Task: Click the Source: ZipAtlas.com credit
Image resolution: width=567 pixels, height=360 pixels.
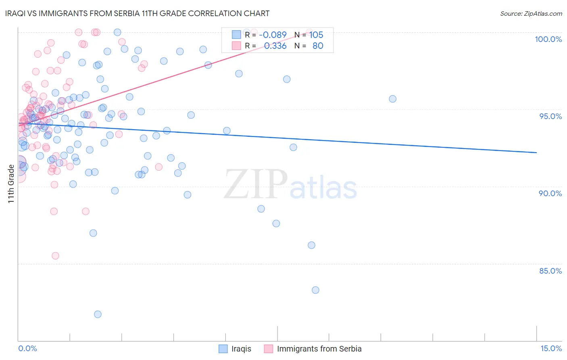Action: tap(531, 13)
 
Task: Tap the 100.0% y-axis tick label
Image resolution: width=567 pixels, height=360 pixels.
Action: tap(548, 39)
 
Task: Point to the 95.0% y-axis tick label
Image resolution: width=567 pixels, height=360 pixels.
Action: tap(550, 116)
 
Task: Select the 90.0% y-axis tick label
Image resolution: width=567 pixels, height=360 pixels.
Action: tap(550, 193)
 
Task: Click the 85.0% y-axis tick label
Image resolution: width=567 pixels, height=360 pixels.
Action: tap(550, 271)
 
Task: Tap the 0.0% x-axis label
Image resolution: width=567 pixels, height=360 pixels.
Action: tap(27, 348)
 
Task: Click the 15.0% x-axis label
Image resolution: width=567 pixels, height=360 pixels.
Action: tap(551, 348)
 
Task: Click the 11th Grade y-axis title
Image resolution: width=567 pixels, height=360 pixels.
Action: tap(11, 184)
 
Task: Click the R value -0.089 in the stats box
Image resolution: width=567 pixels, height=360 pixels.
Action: tap(273, 35)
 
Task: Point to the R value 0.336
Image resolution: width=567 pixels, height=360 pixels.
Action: tap(275, 46)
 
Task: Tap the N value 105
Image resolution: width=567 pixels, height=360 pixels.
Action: tap(316, 35)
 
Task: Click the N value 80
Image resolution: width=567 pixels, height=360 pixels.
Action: tap(318, 46)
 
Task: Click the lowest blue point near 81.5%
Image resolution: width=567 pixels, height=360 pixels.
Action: tap(98, 314)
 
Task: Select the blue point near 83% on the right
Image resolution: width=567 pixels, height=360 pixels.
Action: tap(315, 290)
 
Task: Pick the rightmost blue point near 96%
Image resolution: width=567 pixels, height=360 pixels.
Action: tap(392, 99)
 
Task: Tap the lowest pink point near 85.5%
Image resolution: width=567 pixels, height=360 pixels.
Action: tap(55, 256)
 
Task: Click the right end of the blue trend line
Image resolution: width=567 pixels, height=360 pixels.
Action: tap(536, 153)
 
